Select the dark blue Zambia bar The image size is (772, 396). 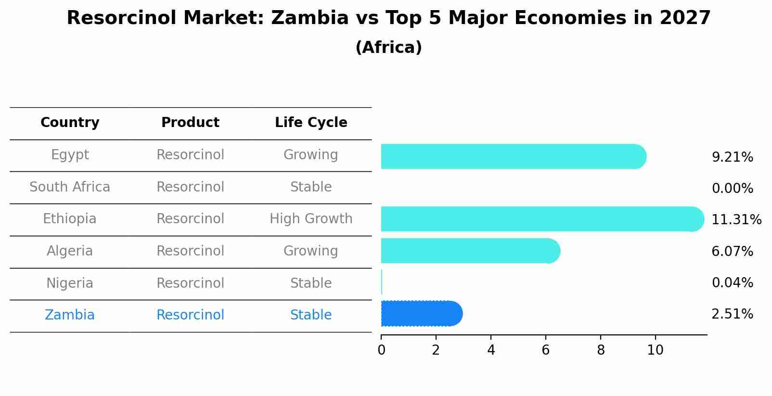coord(421,314)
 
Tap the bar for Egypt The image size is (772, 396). coord(513,156)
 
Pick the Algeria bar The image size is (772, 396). coord(470,251)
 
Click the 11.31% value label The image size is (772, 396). coord(736,220)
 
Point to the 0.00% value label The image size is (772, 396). coord(732,189)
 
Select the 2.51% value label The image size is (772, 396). coord(732,314)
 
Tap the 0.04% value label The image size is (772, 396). coord(732,283)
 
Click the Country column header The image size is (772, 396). coord(70,123)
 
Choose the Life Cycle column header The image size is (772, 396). coord(311,123)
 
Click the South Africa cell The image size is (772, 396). coord(70,187)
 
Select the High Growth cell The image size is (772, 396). coord(311,219)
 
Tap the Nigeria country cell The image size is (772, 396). coord(70,283)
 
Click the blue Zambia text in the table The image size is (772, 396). coord(70,315)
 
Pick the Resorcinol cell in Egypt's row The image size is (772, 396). coord(190,155)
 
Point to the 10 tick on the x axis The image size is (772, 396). coord(655,350)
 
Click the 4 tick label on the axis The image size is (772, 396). coord(491,350)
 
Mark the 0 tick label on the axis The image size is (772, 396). coord(381,350)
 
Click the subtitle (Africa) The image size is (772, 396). coord(388,48)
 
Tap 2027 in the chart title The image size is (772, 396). coord(685,18)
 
